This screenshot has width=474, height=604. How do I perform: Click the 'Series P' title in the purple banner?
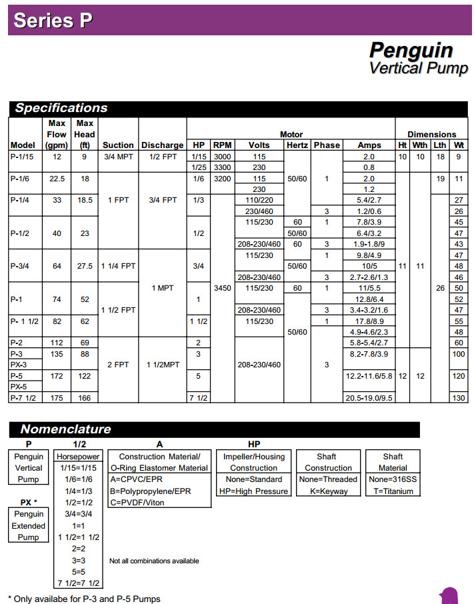(53, 20)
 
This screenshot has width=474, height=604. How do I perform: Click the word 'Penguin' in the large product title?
(411, 51)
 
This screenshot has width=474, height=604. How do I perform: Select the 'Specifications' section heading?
(61, 108)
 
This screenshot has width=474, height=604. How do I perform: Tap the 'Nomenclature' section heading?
(65, 429)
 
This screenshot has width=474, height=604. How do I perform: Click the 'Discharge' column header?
(162, 145)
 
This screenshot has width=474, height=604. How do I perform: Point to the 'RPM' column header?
(222, 145)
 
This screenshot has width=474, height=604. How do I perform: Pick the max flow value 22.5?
(57, 179)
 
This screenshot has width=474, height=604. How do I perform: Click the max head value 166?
(85, 398)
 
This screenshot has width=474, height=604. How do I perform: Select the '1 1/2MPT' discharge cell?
(162, 365)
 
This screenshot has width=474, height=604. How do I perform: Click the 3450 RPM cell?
(222, 288)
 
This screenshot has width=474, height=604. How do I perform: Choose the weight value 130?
(458, 398)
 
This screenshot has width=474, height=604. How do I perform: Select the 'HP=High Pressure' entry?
(253, 491)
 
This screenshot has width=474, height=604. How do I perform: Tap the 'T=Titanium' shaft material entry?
(393, 491)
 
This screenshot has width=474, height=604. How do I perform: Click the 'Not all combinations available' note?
(154, 561)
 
